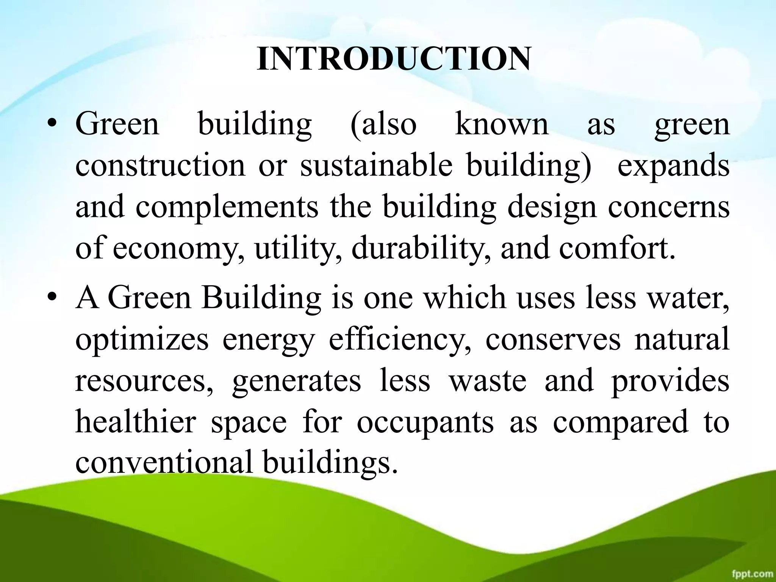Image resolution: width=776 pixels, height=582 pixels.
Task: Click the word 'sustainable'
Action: (376, 166)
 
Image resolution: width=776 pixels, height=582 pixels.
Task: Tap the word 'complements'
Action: (227, 208)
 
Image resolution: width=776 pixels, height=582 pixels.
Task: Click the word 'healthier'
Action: (135, 422)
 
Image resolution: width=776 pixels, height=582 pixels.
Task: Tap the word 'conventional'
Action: (164, 463)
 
